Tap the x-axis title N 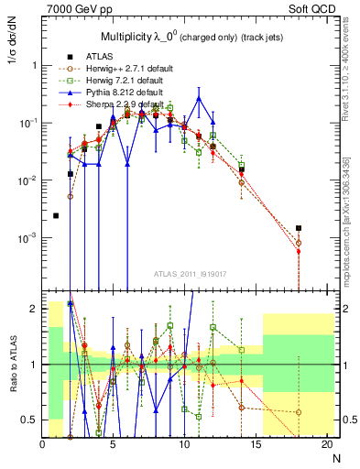335,459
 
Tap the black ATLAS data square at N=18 299,228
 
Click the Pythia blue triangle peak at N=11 199,98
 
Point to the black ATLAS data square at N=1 57,215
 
